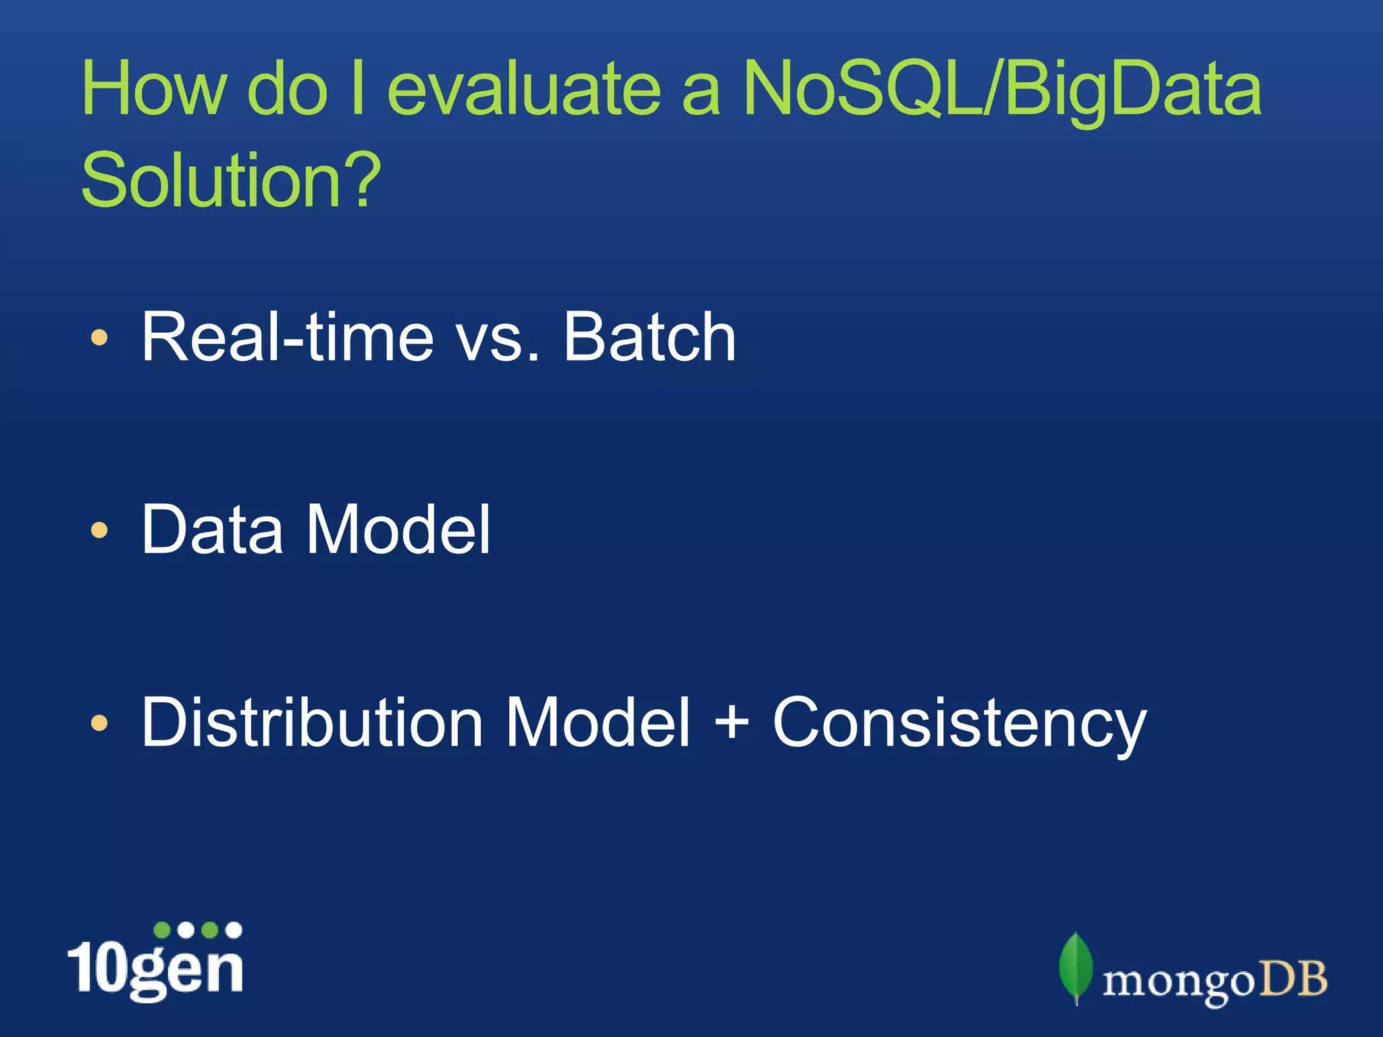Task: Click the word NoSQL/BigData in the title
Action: (x=1001, y=91)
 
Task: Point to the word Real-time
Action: (x=287, y=337)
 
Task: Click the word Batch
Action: (x=649, y=337)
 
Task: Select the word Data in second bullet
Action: (x=212, y=529)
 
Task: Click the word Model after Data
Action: (x=398, y=529)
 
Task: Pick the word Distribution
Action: (x=312, y=722)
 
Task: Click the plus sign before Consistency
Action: (x=731, y=722)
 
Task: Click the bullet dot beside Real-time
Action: (x=99, y=338)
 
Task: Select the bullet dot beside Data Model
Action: (x=99, y=531)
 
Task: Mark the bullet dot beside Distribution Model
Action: (x=99, y=724)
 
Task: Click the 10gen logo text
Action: (x=155, y=969)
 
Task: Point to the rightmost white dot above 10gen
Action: (x=234, y=930)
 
